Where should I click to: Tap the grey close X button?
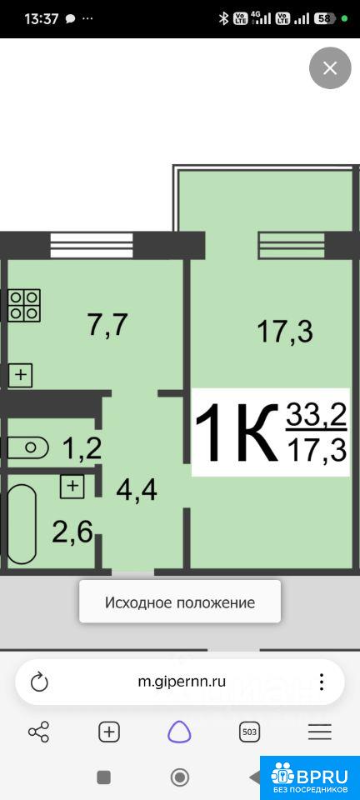330,67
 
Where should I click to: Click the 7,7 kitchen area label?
107,326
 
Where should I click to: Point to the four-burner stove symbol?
24,305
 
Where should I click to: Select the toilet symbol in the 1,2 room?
28,448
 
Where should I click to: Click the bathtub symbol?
22,523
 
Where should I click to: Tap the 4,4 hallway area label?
137,490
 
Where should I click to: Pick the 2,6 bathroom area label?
72,533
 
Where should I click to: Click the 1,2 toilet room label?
82,449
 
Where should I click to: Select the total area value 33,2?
316,416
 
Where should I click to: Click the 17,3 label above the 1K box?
285,331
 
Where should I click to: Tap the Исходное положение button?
180,602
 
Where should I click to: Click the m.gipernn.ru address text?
182,681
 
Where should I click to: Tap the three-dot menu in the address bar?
322,682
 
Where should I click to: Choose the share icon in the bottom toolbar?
39,732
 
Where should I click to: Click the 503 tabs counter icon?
249,732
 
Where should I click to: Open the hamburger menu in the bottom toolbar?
320,732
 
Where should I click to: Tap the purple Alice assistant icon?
179,732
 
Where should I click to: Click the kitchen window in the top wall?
92,245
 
